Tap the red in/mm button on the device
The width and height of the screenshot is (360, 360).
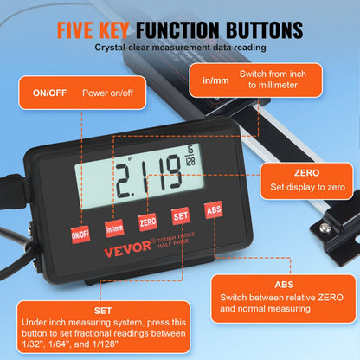(114, 228)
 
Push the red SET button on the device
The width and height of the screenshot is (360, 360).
(180, 216)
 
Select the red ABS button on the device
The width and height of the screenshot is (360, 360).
(212, 209)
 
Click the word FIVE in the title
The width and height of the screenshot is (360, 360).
(85, 31)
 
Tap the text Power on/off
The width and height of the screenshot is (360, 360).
(107, 93)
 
